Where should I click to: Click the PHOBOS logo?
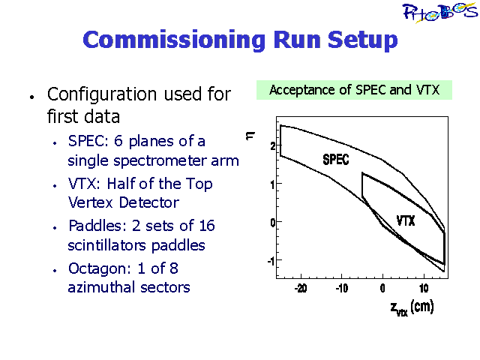[x=439, y=12]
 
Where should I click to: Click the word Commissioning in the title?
[x=174, y=40]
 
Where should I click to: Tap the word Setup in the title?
[x=363, y=40]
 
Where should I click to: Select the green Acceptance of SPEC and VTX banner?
[x=354, y=90]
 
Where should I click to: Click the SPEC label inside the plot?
[x=336, y=160]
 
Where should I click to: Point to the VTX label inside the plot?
[x=406, y=220]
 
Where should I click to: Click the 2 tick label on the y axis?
[x=273, y=146]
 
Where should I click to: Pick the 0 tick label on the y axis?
[x=273, y=222]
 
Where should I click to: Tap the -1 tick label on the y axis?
[x=271, y=261]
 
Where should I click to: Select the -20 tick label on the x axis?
[x=301, y=288]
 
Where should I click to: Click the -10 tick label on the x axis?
[x=342, y=288]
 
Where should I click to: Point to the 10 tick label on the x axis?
[x=424, y=288]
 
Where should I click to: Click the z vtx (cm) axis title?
[x=412, y=307]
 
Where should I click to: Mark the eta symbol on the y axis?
[x=250, y=136]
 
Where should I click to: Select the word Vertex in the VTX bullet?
[x=90, y=202]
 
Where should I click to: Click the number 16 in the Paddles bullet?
[x=206, y=226]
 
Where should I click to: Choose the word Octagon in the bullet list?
[x=97, y=269]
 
